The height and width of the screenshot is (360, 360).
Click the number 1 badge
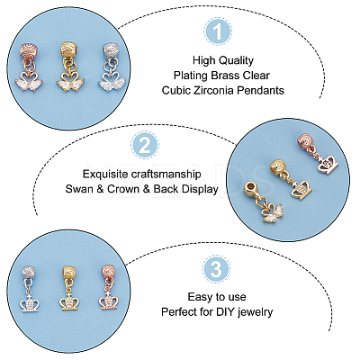pos(218,31)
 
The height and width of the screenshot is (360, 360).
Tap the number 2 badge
pos(145,145)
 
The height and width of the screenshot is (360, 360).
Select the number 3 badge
pos(216,268)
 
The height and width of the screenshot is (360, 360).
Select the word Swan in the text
pos(78,189)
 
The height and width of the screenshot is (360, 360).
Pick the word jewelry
pos(256,312)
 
